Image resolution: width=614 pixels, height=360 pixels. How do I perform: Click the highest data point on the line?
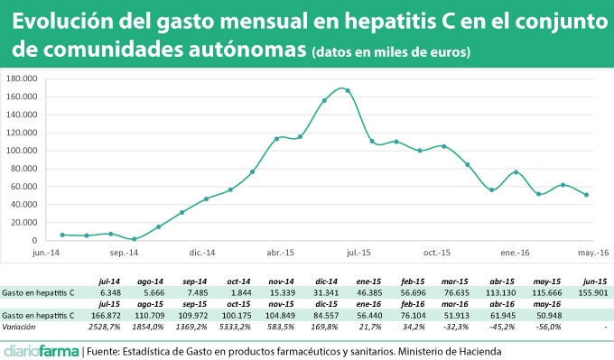tap(348, 90)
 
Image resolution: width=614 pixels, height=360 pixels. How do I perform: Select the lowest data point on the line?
tap(135, 239)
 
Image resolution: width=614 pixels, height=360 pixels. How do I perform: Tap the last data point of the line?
tap(587, 195)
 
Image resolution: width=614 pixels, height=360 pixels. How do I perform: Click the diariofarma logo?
tap(41, 350)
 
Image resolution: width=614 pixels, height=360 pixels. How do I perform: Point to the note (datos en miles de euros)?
tap(390, 53)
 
